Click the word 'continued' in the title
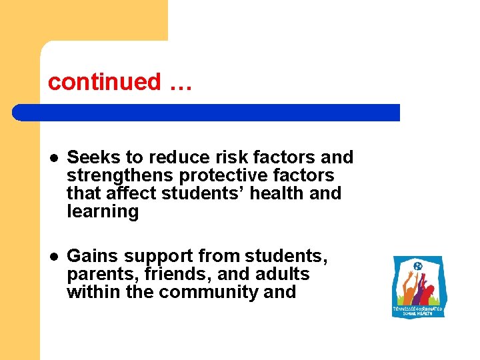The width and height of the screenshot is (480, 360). pos(105,82)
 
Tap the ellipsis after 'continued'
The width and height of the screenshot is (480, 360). pos(180,83)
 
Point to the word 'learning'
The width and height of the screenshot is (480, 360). pos(102,212)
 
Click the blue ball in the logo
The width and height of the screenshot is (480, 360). pos(418,267)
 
